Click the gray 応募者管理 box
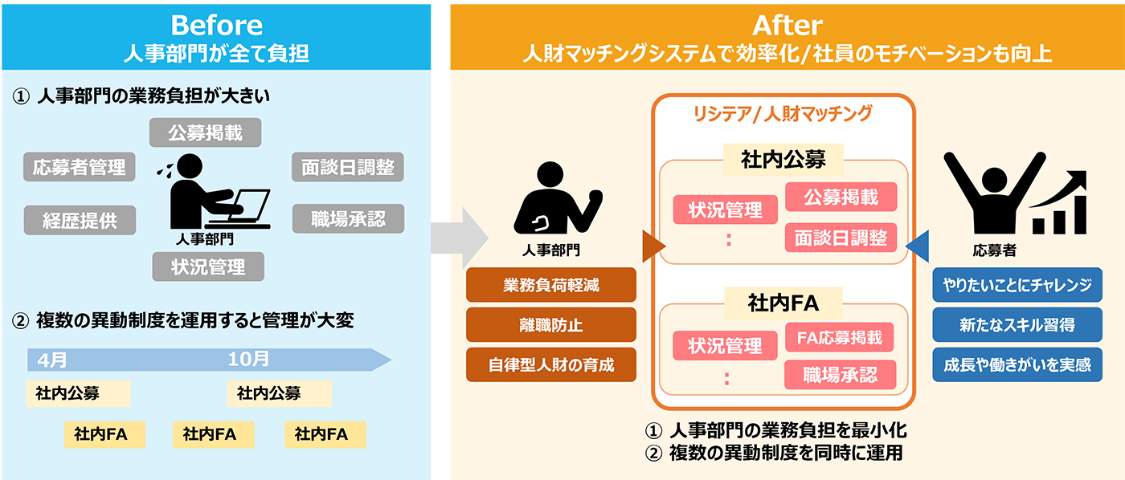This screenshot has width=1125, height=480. coord(80,167)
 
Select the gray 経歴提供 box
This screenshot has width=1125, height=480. coord(80,220)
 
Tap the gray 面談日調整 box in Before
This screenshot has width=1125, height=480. coord(347,167)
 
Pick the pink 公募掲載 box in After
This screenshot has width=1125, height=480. coord(841,197)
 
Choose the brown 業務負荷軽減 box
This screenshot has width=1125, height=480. coord(550,285)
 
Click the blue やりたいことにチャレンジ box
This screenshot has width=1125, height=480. coord(1017,285)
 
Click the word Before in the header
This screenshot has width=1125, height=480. coord(216,25)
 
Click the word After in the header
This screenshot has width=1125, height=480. coord(787,25)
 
